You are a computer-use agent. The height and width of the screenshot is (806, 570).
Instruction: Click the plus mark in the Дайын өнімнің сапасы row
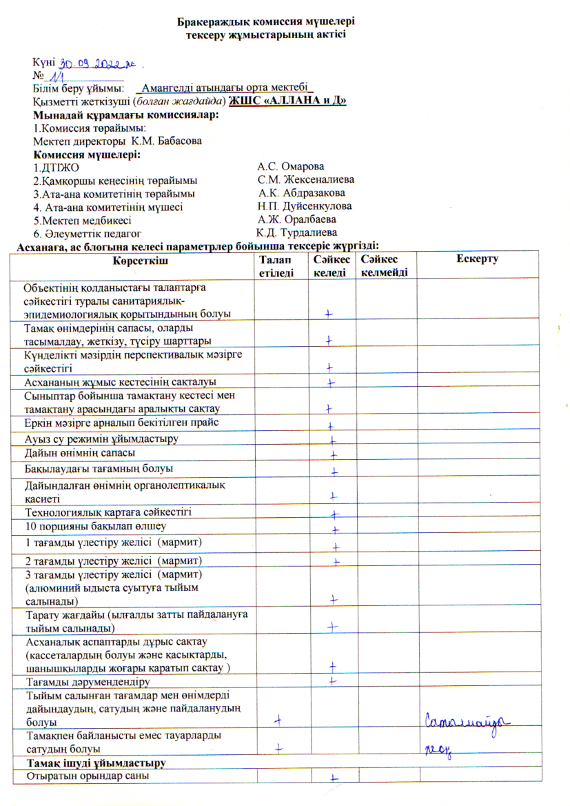point(333,455)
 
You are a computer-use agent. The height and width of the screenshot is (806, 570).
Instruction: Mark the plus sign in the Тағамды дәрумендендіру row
point(332,681)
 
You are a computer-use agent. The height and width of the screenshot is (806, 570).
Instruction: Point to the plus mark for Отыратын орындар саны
point(333,777)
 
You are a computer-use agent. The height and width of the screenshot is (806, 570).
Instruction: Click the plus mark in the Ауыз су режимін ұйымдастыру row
point(332,440)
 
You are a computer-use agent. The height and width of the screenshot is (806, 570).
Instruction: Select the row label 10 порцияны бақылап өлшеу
point(84,527)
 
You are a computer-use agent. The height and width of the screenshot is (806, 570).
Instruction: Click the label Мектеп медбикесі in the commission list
point(82,220)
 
